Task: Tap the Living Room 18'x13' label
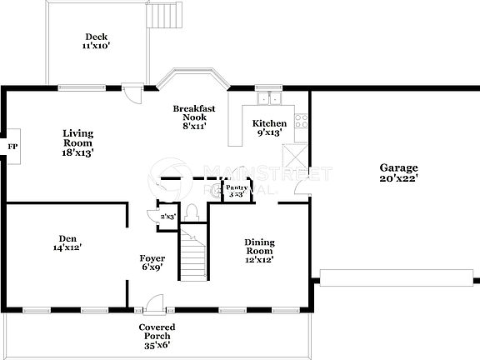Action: [78, 142]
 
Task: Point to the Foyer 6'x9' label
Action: [152, 262]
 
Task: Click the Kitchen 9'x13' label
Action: [269, 127]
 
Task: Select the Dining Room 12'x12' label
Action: [258, 251]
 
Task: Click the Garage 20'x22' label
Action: [398, 172]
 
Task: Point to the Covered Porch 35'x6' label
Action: [157, 333]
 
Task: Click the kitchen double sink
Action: [269, 99]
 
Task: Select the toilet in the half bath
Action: [192, 213]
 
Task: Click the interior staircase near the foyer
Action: [193, 247]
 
